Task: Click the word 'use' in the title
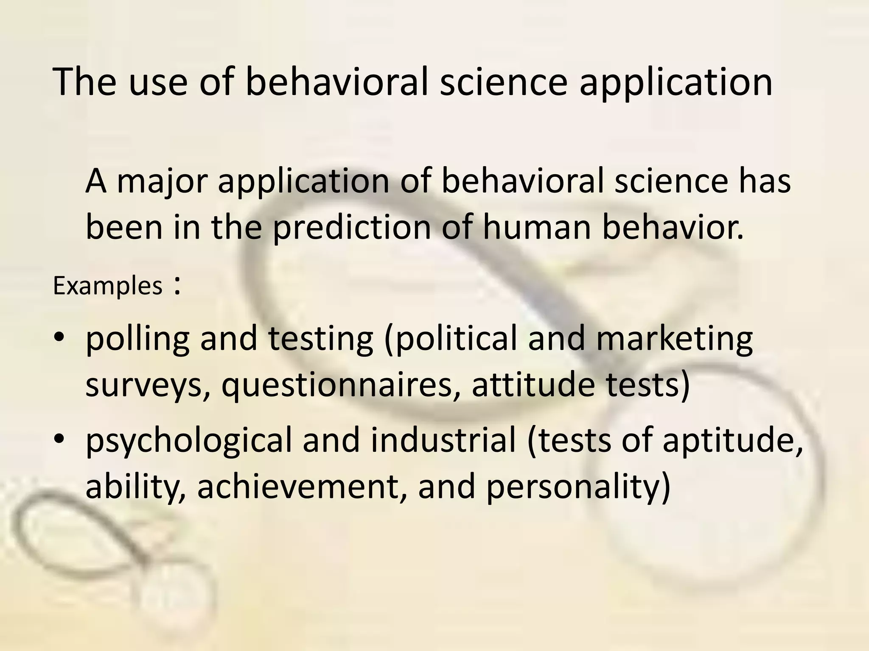coord(157,82)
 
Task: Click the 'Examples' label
coord(108,286)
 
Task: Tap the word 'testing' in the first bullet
coord(321,339)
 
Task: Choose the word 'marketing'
coord(674,339)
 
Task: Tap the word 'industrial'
coord(443,439)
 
